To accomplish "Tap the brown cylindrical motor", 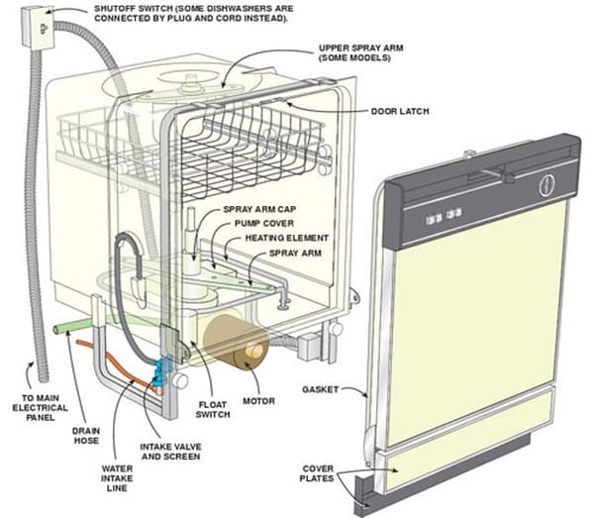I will pos(235,342).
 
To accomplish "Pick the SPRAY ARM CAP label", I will pos(258,210).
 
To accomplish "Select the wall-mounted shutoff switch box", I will pos(37,29).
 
